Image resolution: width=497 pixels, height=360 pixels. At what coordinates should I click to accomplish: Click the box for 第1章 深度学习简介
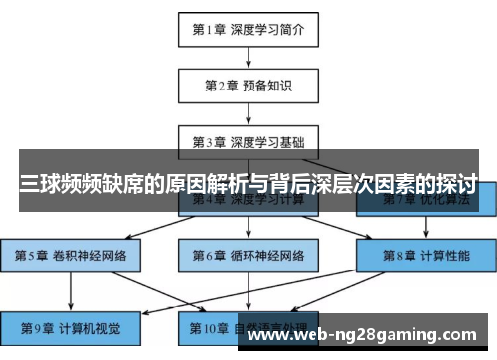coord(248,29)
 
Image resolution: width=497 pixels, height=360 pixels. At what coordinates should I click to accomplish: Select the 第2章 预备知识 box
coord(248,86)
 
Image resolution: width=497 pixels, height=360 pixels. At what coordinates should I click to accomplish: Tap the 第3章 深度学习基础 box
coord(248,142)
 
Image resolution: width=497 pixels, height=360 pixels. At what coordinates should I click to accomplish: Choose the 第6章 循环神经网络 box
coord(248,255)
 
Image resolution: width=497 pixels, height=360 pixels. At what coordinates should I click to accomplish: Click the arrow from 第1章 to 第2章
coord(248,57)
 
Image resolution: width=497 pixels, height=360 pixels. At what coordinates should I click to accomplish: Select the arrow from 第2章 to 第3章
coord(248,113)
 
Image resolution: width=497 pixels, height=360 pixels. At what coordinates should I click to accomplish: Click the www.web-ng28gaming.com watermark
coord(367,337)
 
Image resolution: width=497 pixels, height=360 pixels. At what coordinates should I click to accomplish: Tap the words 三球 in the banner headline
coord(43,185)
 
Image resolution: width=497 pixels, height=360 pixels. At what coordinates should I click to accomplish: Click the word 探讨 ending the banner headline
coord(452,185)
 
